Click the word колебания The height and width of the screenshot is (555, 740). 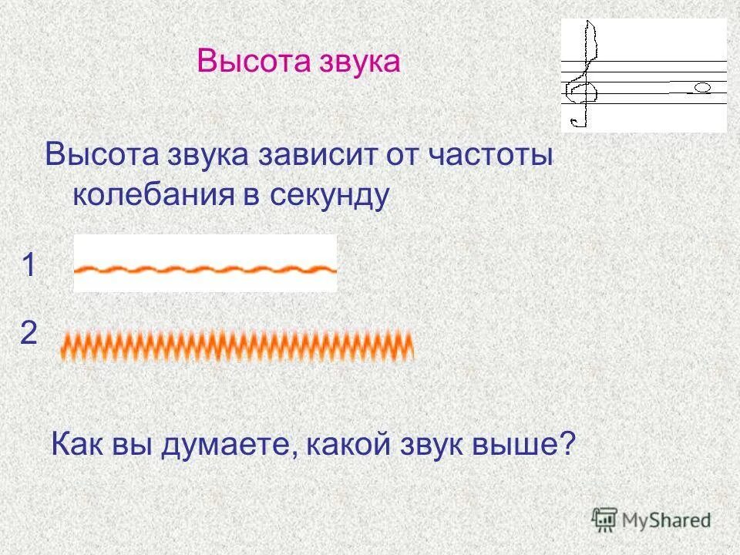tap(153, 195)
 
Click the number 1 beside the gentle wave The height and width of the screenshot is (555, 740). tap(29, 267)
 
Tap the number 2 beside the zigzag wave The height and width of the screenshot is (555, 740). tap(29, 334)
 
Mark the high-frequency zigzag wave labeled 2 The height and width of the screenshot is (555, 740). tap(237, 345)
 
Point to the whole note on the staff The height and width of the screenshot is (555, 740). tap(702, 88)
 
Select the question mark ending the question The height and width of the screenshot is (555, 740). tap(568, 445)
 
